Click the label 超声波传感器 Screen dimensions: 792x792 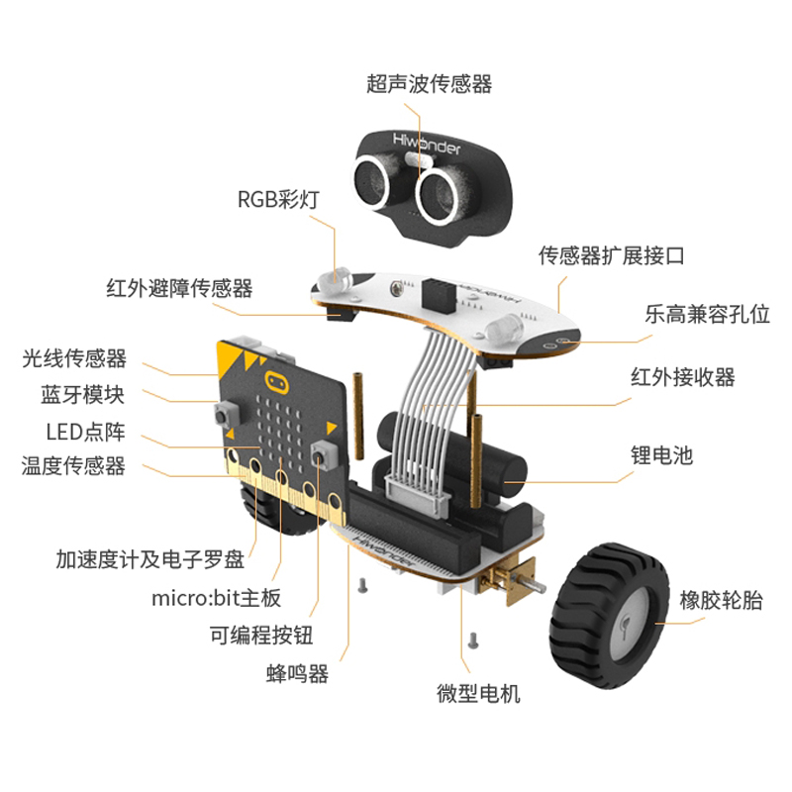[x=429, y=84]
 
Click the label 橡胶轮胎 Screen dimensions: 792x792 [x=721, y=599]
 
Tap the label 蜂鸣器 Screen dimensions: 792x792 [x=297, y=674]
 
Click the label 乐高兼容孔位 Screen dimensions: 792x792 [x=707, y=315]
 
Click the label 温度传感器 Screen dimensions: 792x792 [x=73, y=465]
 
